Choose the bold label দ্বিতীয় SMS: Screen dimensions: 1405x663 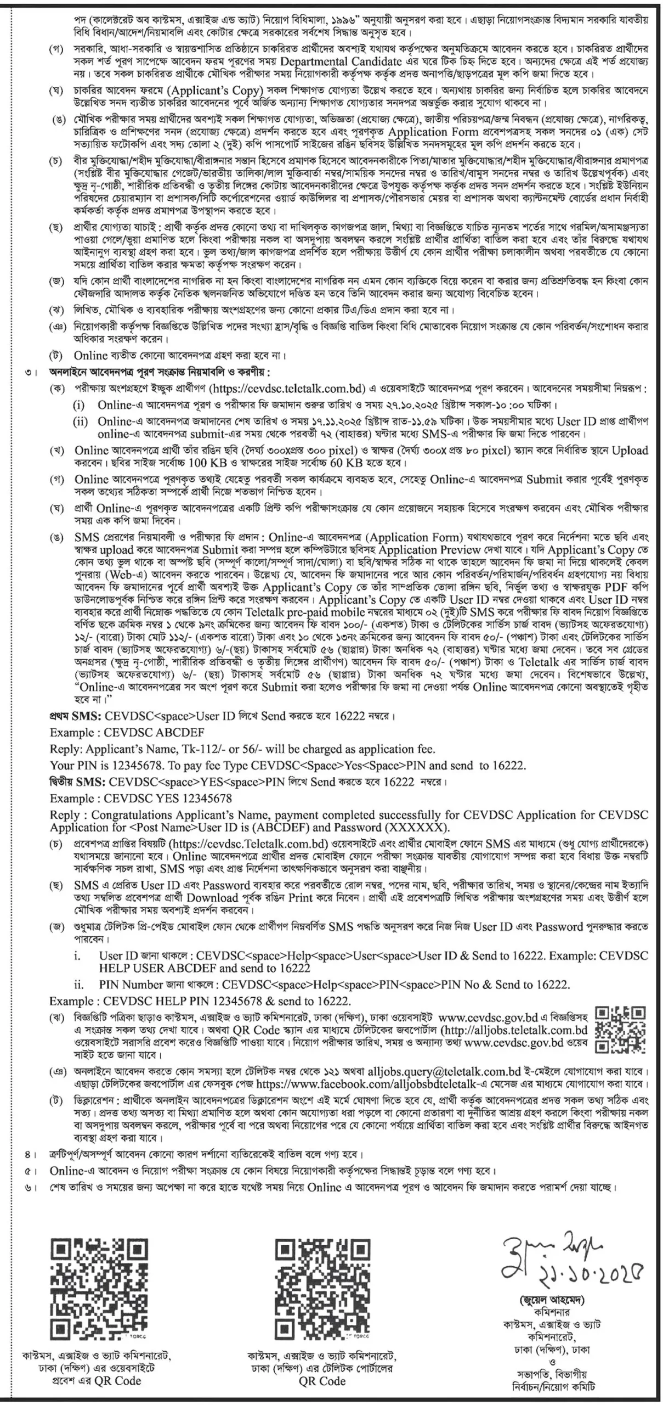(x=77, y=782)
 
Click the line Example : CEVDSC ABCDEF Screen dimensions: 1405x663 (x=127, y=733)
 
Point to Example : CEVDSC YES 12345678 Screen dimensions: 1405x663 (x=140, y=798)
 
